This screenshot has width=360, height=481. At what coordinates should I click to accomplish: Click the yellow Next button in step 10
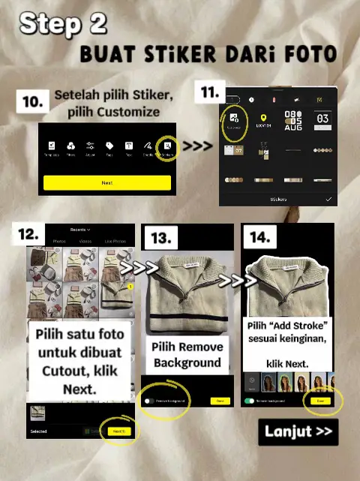coord(106,182)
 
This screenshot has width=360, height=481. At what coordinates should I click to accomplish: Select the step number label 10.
coord(32,103)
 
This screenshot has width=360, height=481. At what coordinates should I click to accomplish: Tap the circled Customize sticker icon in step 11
coord(236,119)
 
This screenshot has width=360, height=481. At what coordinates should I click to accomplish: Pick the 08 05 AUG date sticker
coord(292,120)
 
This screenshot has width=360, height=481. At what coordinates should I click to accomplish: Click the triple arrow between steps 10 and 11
coord(197,145)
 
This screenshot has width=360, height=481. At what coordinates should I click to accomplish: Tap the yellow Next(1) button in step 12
coord(118,431)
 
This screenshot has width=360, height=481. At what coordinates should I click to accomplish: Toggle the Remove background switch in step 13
coord(149,401)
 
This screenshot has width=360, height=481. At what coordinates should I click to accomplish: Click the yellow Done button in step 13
coord(220,401)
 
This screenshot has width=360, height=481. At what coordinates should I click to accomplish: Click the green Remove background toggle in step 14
coord(250,401)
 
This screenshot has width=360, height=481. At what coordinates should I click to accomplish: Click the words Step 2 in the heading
coord(63,24)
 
